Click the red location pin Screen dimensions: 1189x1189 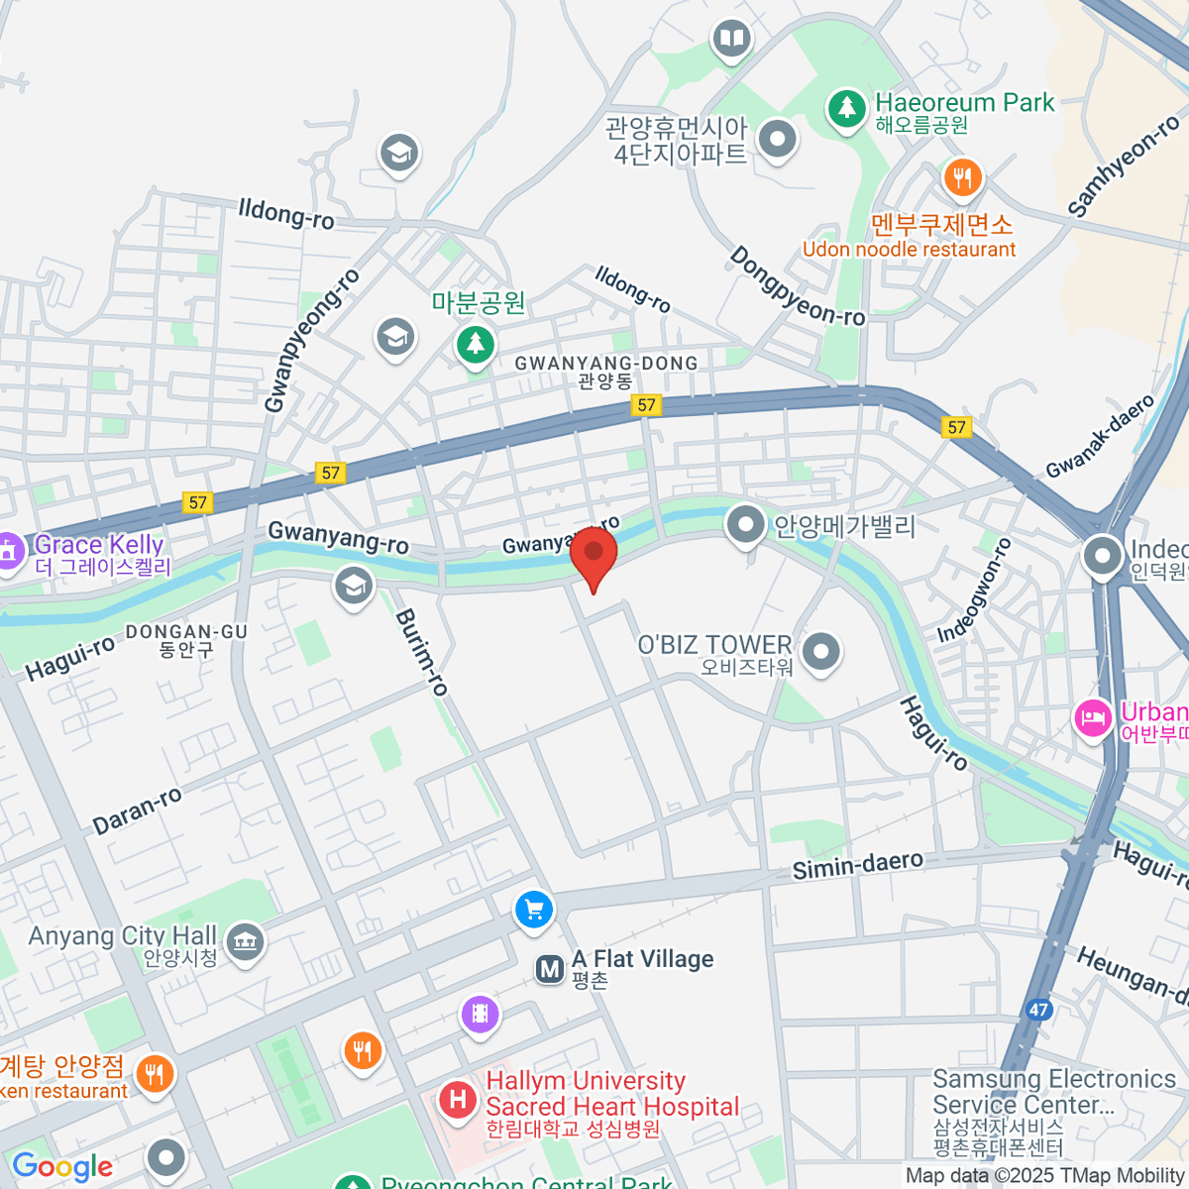pyautogui.click(x=593, y=556)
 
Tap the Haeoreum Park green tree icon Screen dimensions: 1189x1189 pyautogui.click(x=846, y=108)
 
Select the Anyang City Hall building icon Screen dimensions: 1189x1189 pyautogui.click(x=245, y=941)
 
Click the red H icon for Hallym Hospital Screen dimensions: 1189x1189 pyautogui.click(x=457, y=1099)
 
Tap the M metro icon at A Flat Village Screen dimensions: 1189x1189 pyautogui.click(x=549, y=969)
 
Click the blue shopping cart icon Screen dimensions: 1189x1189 pyautogui.click(x=534, y=909)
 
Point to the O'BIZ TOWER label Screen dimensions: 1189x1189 pyautogui.click(x=714, y=645)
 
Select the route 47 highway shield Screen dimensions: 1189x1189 pyautogui.click(x=1037, y=1011)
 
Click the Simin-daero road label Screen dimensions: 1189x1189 pyautogui.click(x=857, y=865)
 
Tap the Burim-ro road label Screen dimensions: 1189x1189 pyautogui.click(x=422, y=652)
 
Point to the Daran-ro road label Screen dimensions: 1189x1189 pyautogui.click(x=137, y=811)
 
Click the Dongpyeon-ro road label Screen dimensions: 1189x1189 pyautogui.click(x=797, y=287)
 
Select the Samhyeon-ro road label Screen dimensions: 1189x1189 pyautogui.click(x=1124, y=166)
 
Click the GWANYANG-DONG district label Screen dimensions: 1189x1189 pyautogui.click(x=605, y=364)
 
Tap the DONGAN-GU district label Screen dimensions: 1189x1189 pyautogui.click(x=186, y=632)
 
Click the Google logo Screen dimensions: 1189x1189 pyautogui.click(x=62, y=1166)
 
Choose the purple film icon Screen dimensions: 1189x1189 pyautogui.click(x=480, y=1014)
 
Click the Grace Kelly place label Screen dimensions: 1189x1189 pyautogui.click(x=99, y=545)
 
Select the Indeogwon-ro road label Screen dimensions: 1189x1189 pyautogui.click(x=975, y=591)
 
